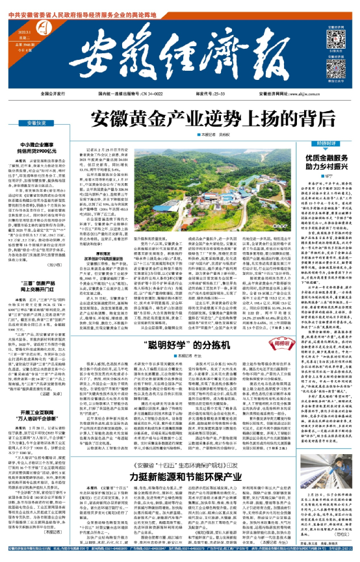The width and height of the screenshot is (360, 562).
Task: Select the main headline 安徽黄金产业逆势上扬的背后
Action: (181, 119)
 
